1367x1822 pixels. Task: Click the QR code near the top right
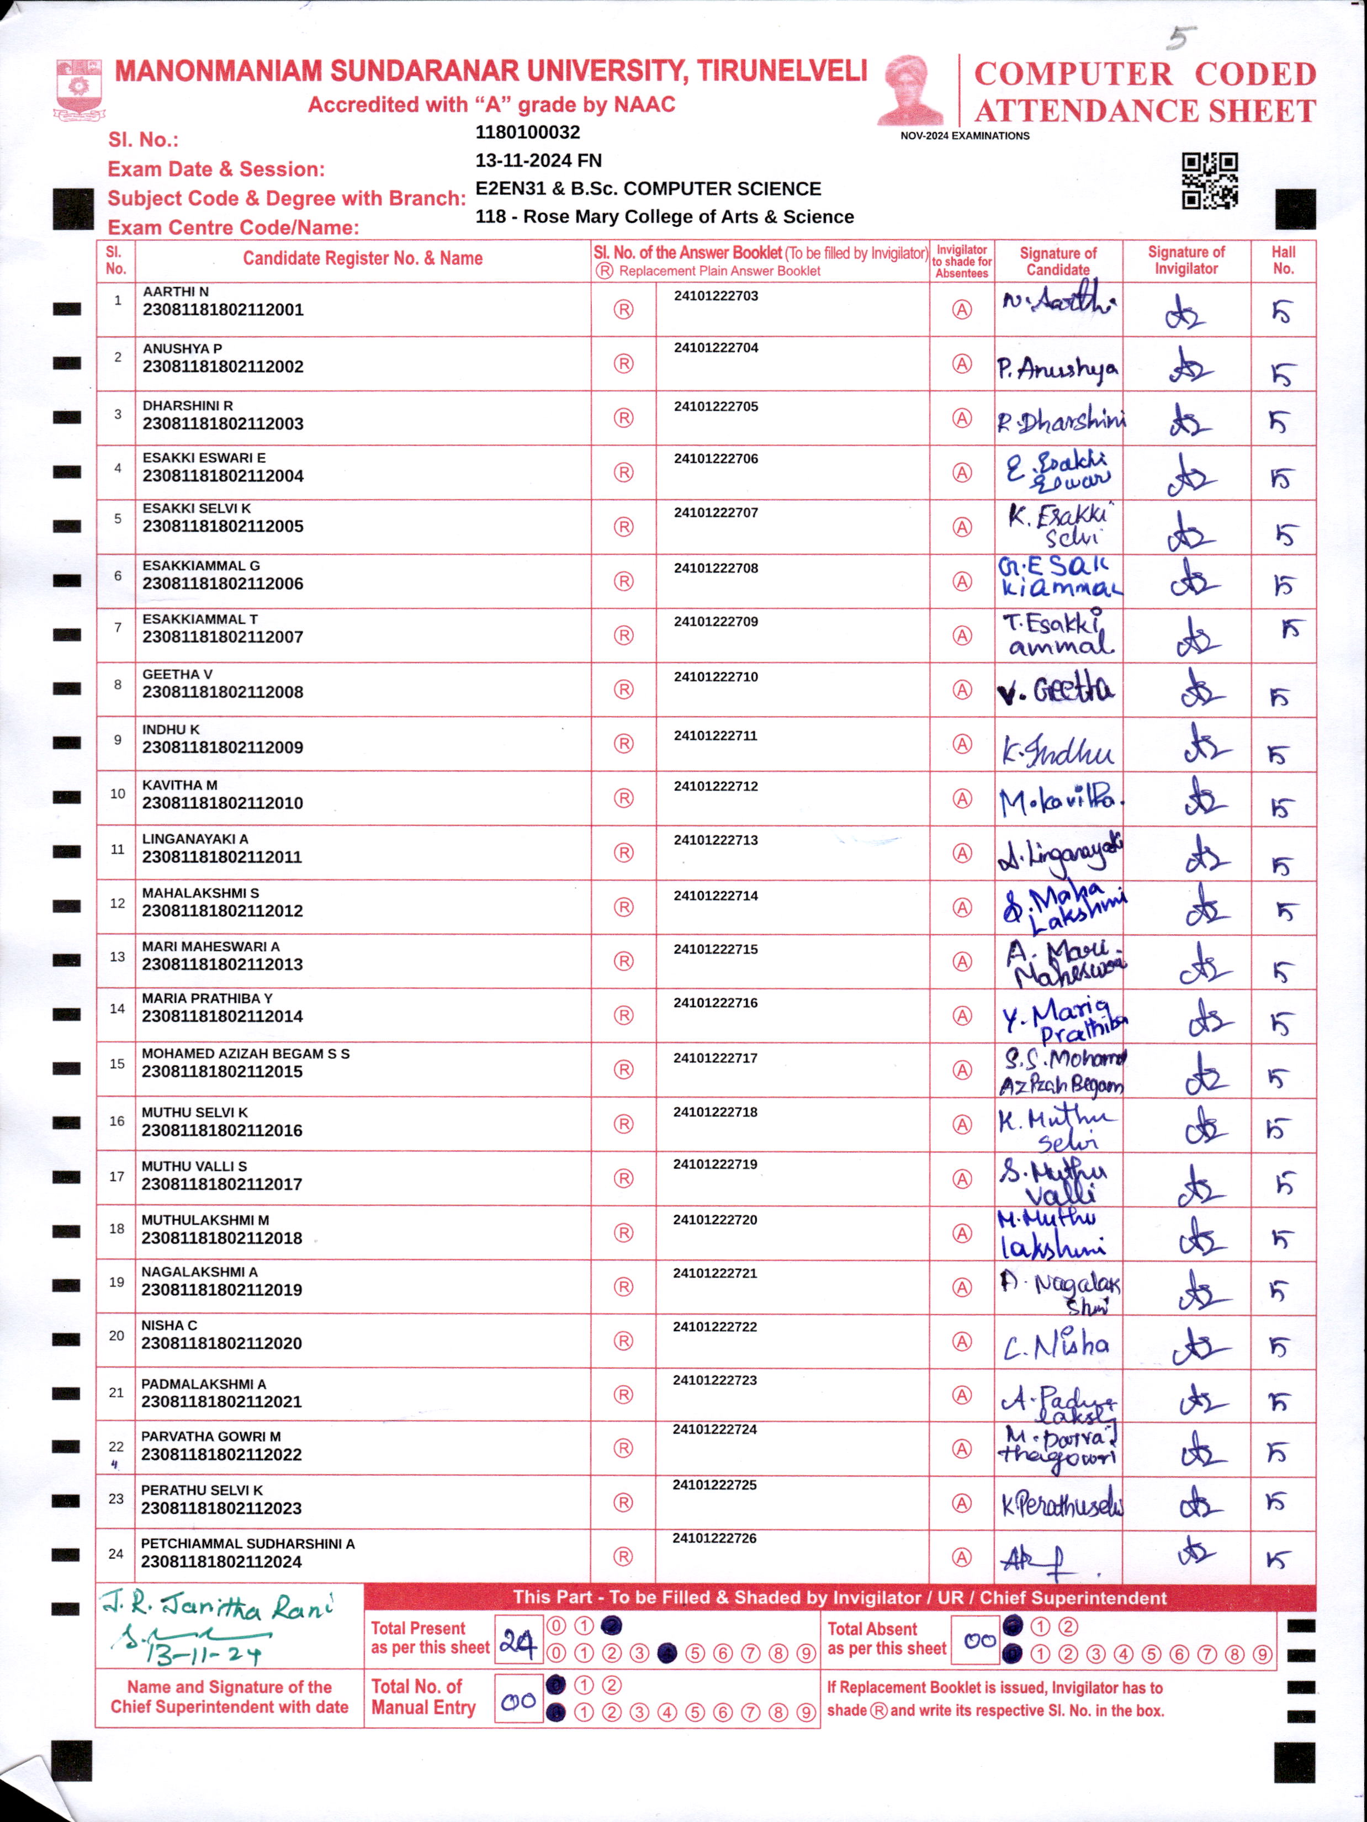(1210, 181)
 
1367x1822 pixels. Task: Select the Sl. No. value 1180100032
(527, 133)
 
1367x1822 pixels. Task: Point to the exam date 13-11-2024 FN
(538, 161)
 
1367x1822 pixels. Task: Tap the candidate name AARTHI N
(176, 292)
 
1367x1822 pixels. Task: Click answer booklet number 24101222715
(715, 950)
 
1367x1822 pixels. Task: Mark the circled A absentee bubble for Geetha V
(962, 690)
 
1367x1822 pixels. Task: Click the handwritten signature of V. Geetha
(1057, 690)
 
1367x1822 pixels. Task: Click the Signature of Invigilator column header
(1186, 260)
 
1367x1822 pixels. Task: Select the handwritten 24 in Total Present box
(517, 1644)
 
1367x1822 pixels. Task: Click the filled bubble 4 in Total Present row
(667, 1653)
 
